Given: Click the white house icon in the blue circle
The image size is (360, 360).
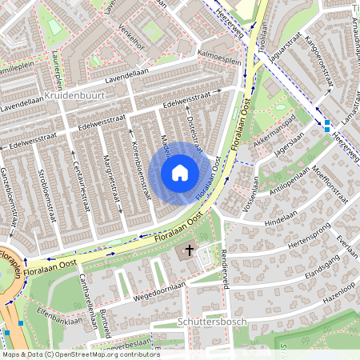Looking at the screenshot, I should [x=180, y=172].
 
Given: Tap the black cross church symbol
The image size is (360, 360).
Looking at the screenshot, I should [x=190, y=251].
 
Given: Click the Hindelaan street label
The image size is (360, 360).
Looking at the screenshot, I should [x=280, y=215].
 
